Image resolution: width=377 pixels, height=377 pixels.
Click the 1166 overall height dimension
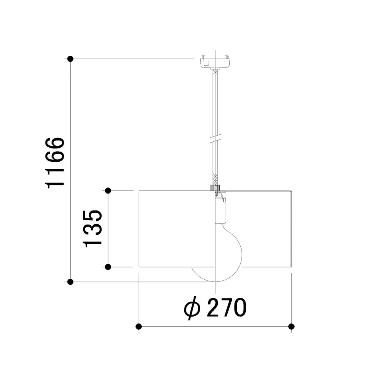(55, 163)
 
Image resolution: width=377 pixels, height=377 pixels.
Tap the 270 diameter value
(227, 307)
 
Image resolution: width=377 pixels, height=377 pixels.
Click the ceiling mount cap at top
(215, 62)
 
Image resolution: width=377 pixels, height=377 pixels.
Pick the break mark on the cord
(215, 139)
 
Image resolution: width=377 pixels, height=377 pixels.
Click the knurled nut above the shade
(215, 188)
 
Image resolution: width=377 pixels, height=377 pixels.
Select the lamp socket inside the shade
(220, 209)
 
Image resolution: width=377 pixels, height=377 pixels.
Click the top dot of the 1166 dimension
(70, 59)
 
